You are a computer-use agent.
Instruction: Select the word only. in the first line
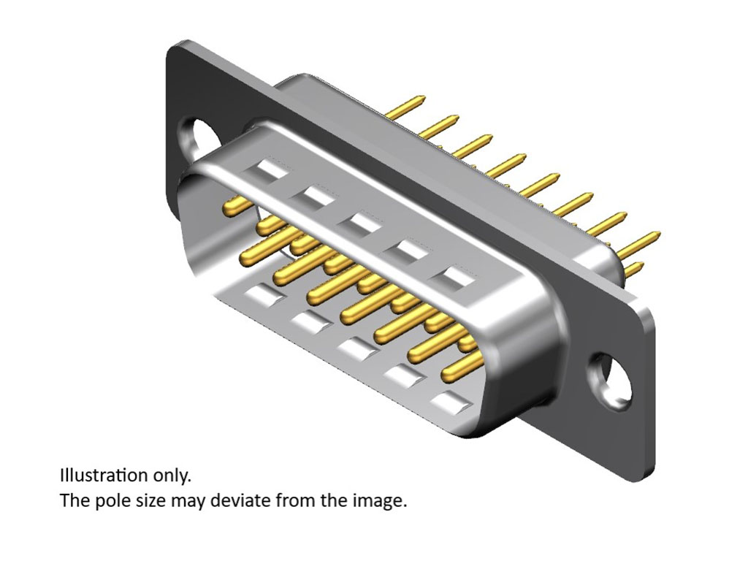click(172, 476)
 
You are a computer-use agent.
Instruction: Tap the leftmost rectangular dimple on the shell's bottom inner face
click(262, 296)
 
